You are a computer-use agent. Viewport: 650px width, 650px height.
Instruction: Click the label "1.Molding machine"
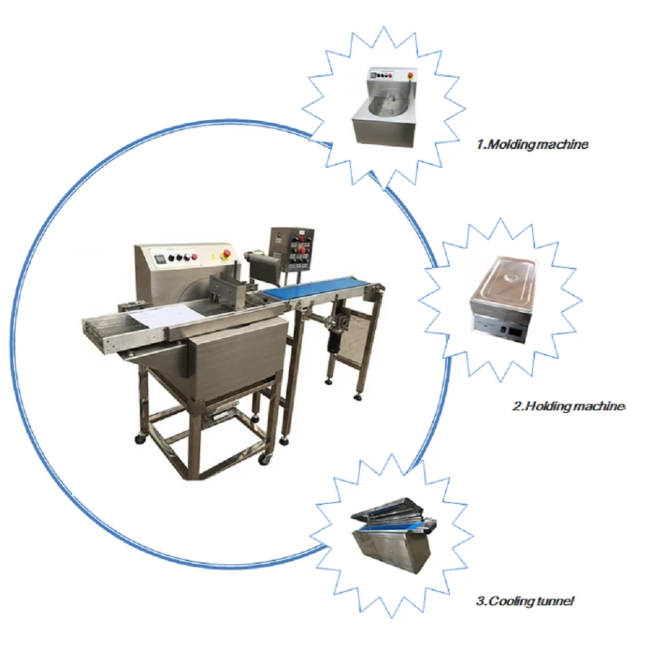tap(532, 145)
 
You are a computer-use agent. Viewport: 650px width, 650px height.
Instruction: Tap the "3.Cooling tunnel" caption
tap(525, 601)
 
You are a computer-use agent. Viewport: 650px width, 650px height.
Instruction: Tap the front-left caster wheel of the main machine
tap(140, 439)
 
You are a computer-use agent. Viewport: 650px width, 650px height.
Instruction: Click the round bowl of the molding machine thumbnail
tap(388, 105)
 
